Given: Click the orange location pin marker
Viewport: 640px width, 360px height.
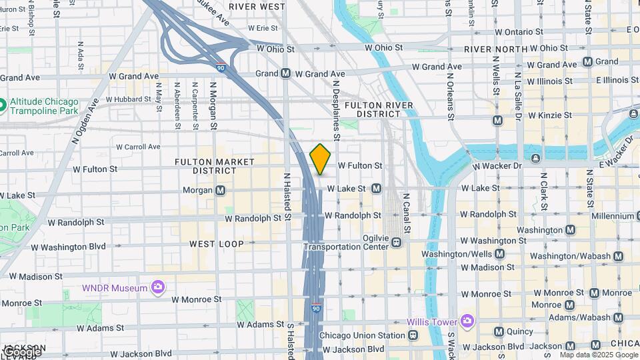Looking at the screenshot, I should pos(321,159).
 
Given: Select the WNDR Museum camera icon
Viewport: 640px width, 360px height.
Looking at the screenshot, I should pos(158,287).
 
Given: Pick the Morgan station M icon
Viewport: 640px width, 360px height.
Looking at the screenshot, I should pos(220,190).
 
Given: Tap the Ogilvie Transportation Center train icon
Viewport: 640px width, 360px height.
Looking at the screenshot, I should pos(397,242).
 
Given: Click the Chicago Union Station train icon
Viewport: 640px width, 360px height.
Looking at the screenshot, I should pos(415,335).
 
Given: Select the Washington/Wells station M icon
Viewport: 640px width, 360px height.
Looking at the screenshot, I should pos(499,254).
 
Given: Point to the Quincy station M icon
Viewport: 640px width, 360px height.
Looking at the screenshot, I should pos(499,331).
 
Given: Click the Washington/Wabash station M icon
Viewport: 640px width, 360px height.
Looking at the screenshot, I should pos(619,256).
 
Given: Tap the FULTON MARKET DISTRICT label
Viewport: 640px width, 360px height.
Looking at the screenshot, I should pos(215,166).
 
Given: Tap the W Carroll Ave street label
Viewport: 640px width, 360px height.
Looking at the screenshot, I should pos(138,147).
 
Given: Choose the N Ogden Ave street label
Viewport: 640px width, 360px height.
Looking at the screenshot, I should pos(85,121).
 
